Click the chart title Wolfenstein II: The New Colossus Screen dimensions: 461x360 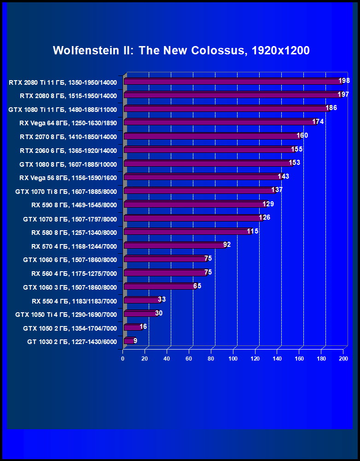pyautogui.click(x=181, y=50)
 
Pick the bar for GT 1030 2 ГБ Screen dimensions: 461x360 pyautogui.click(x=128, y=341)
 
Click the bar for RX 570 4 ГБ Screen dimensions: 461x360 pyautogui.click(x=175, y=245)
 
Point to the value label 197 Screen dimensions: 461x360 pyautogui.click(x=343, y=94)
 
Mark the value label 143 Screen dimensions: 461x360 pyautogui.click(x=284, y=176)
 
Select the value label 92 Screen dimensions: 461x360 pyautogui.click(x=226, y=245)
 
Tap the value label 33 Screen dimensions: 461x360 pyautogui.click(x=162, y=299)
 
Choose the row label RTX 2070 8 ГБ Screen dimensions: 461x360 pyautogui.click(x=68, y=137)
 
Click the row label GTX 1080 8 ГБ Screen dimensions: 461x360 pyautogui.click(x=68, y=164)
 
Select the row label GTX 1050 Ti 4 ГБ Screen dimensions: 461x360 pyautogui.click(x=66, y=315)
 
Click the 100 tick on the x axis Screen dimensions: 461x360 pyautogui.click(x=233, y=358)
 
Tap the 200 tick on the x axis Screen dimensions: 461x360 pyautogui.click(x=343, y=358)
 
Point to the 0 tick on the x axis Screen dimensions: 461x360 pyautogui.click(x=123, y=358)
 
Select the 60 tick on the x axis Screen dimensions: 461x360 pyautogui.click(x=189, y=358)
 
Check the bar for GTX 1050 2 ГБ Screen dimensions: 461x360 pyautogui.click(x=133, y=327)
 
